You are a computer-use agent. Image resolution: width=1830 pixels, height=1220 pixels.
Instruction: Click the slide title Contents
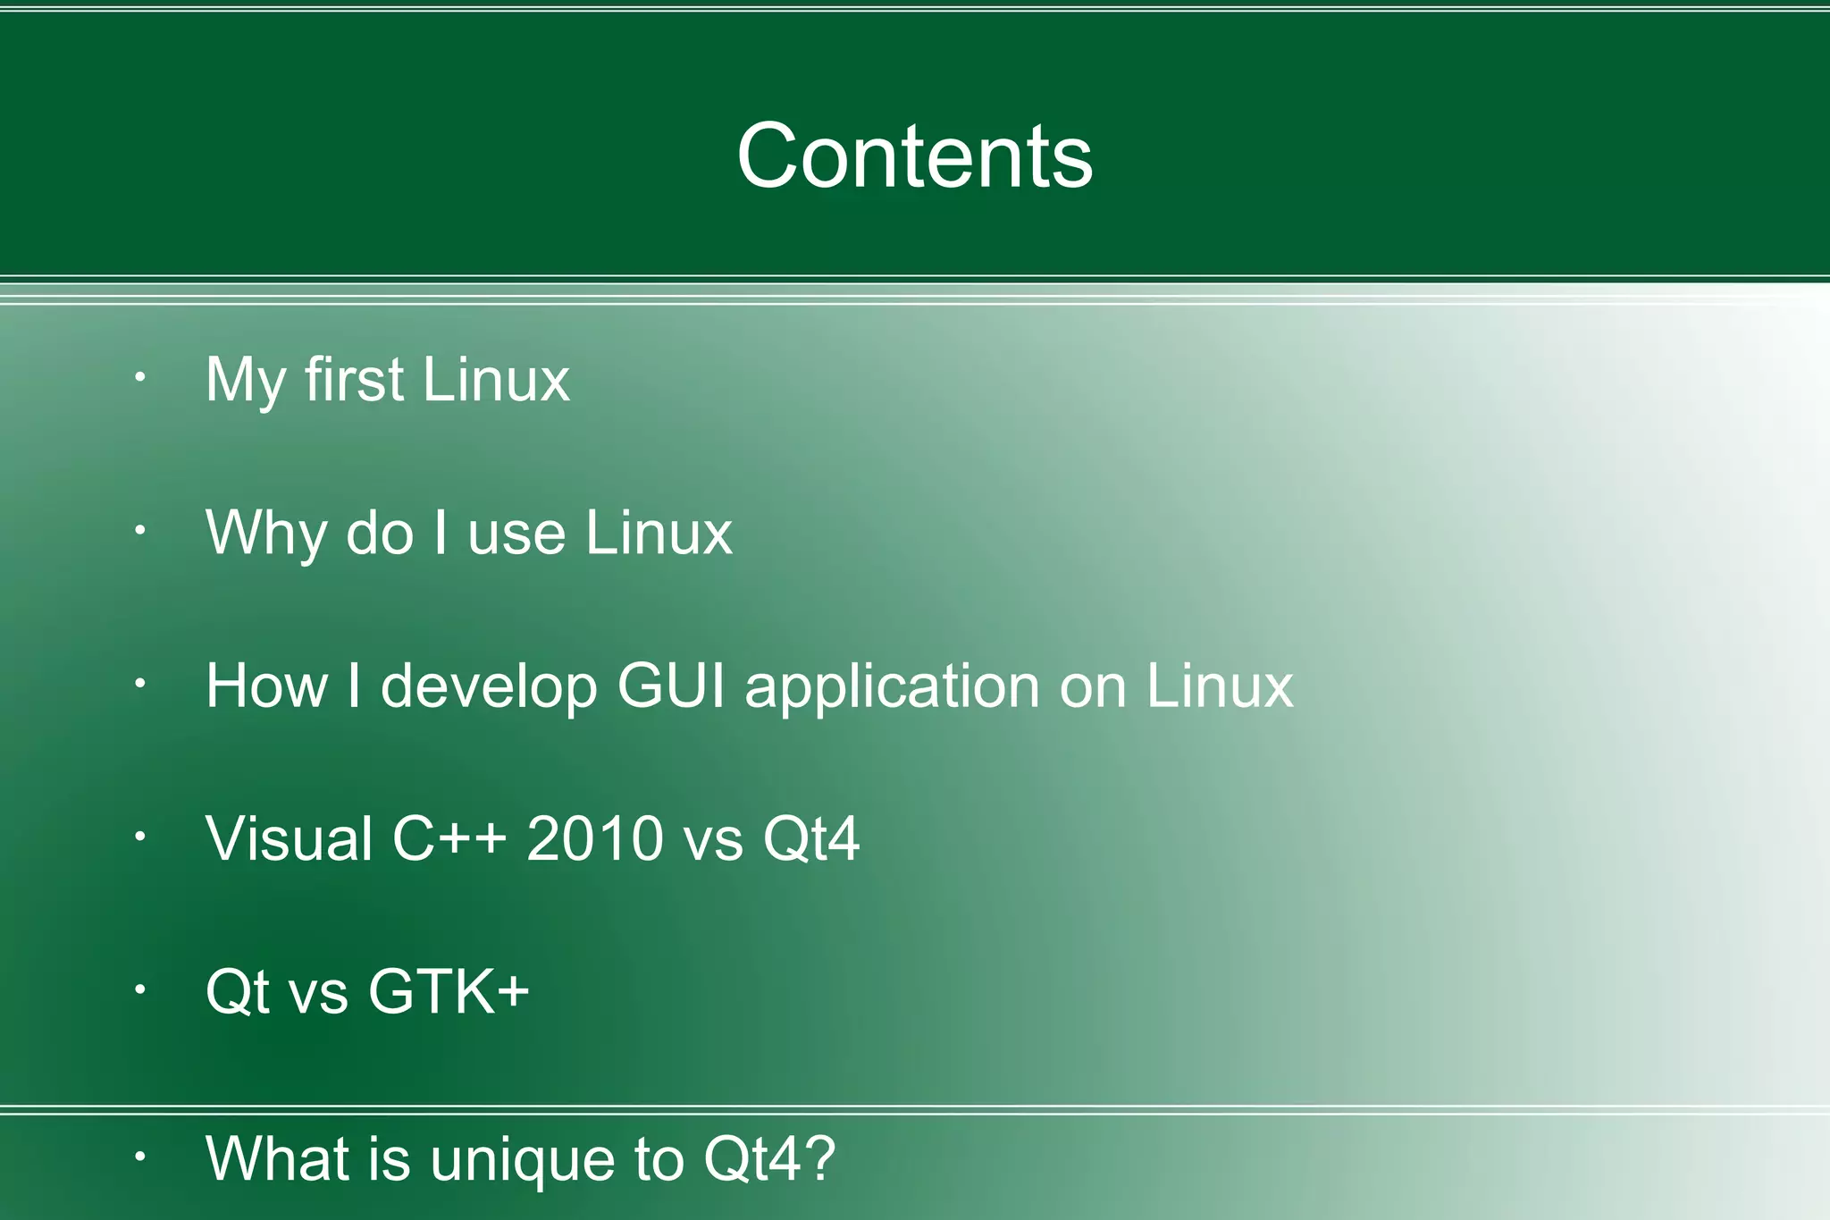[914, 156]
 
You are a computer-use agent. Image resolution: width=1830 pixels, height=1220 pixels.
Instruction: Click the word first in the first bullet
[354, 379]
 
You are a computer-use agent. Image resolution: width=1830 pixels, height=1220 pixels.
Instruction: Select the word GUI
[671, 686]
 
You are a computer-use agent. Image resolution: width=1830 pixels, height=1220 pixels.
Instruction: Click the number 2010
[594, 838]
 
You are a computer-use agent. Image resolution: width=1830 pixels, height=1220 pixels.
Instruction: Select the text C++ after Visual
[449, 838]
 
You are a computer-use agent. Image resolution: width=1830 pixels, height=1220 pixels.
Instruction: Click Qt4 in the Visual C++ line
[810, 838]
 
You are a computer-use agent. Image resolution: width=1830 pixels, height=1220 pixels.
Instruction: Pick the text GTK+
[449, 991]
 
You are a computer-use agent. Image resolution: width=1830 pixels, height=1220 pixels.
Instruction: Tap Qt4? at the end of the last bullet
[769, 1159]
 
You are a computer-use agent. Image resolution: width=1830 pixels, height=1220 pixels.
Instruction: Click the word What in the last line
[277, 1159]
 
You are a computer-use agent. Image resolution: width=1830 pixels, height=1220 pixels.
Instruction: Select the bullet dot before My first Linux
[140, 378]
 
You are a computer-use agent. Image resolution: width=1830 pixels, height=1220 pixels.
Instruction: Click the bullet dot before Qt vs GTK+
[140, 989]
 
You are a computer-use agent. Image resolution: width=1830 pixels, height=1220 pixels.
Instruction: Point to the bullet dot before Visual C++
[140, 837]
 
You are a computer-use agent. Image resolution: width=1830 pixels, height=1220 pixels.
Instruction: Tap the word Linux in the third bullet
[1219, 686]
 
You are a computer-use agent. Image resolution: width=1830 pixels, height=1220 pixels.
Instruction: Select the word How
[266, 686]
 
